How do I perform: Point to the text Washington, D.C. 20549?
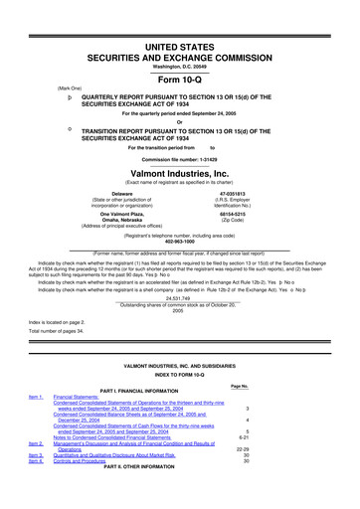click(179, 37)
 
